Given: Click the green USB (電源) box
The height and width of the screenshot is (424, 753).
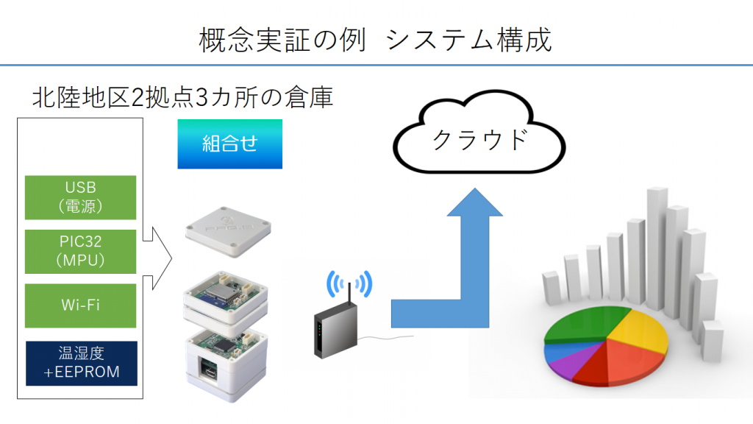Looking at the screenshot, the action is (81, 197).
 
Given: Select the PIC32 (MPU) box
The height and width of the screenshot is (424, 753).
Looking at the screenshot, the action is (81, 252).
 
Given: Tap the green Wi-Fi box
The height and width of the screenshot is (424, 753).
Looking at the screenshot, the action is (81, 305).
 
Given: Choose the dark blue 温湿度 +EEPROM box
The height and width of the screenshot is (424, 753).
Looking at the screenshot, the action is (82, 364).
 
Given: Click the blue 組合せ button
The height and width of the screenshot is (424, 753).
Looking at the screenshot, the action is (230, 144).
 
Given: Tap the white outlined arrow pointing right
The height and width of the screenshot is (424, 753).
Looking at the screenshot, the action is (157, 258).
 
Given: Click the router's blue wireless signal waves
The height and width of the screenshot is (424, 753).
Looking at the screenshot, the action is (349, 283).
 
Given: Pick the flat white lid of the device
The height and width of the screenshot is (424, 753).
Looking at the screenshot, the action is (228, 232).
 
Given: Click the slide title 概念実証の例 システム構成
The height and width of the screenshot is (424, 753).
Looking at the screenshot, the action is (376, 40).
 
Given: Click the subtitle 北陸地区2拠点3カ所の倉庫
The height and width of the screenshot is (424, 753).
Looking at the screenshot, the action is (182, 98).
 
